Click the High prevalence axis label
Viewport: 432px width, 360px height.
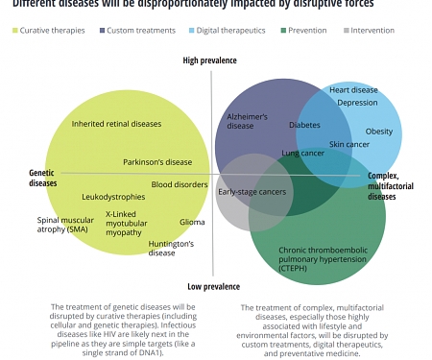211,61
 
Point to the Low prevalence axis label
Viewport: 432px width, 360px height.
213,286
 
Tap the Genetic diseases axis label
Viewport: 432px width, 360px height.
43,178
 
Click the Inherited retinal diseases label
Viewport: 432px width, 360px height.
117,124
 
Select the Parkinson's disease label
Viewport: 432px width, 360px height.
157,162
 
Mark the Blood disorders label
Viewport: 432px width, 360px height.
180,184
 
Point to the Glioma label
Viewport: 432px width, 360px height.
192,222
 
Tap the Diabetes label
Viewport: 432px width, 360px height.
304,125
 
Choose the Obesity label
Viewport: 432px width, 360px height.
378,131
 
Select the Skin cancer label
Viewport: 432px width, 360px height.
349,144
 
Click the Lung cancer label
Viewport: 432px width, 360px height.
303,153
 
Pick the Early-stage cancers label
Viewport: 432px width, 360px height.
252,192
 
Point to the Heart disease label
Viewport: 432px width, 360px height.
353,90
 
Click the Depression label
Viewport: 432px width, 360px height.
357,103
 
